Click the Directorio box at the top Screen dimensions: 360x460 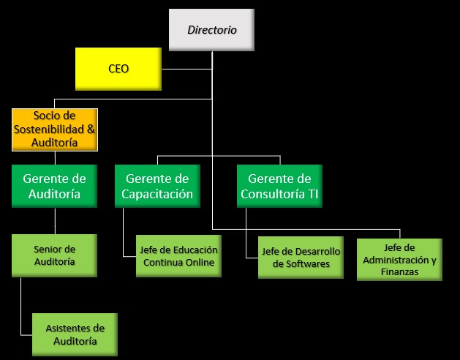211,30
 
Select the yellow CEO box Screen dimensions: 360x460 118,69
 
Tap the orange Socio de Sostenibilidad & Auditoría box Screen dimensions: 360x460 55,130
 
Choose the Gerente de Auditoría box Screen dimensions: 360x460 55,187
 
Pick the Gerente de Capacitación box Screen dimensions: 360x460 157,187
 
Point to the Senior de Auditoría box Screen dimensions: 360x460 55,255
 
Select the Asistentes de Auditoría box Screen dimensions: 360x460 75,334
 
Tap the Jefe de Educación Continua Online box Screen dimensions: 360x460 178,255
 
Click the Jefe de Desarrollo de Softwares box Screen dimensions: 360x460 301,258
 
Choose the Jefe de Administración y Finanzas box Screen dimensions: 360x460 399,260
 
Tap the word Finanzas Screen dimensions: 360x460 399,272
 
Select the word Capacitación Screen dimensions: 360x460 157,195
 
